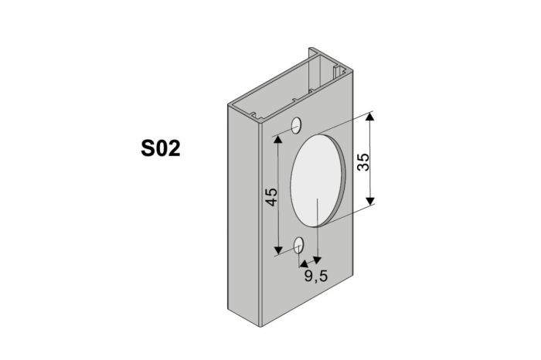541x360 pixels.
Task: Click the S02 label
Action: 161,148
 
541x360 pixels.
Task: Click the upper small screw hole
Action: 296,125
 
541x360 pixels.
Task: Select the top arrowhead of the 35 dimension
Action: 371,117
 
